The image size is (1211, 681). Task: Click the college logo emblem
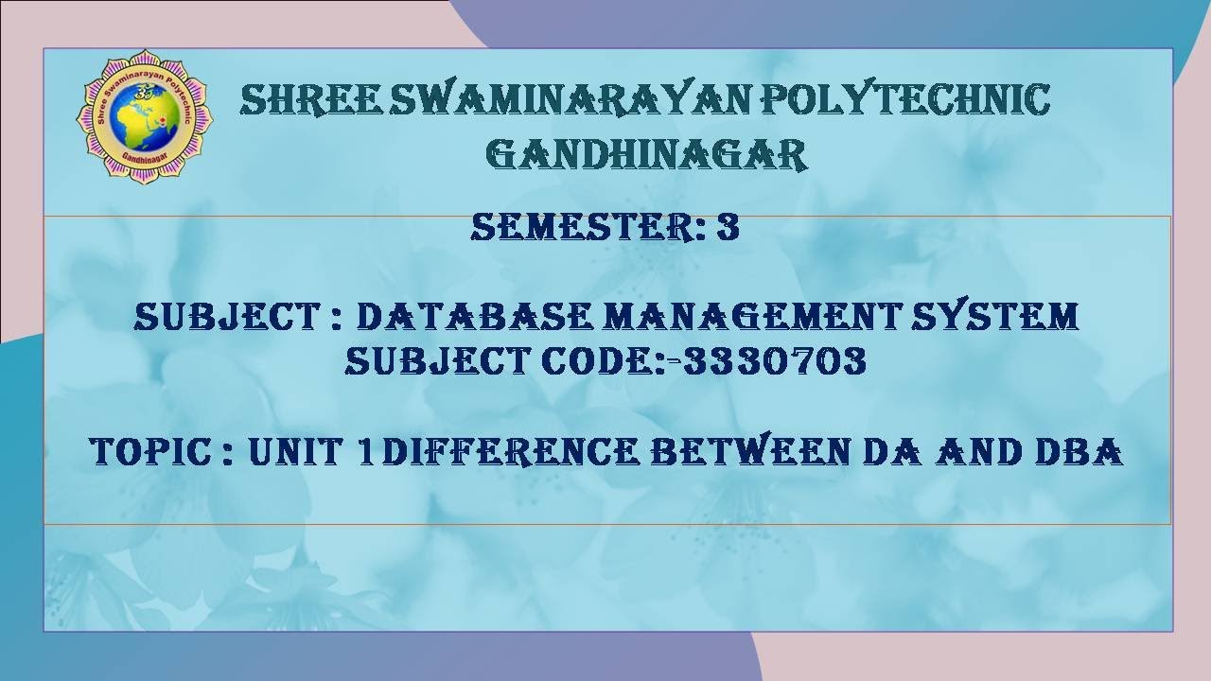point(144,116)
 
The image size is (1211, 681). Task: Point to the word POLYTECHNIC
point(909,100)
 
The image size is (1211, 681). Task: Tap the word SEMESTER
point(577,228)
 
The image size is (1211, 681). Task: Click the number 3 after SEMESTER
point(728,228)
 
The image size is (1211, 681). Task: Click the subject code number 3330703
point(775,361)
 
